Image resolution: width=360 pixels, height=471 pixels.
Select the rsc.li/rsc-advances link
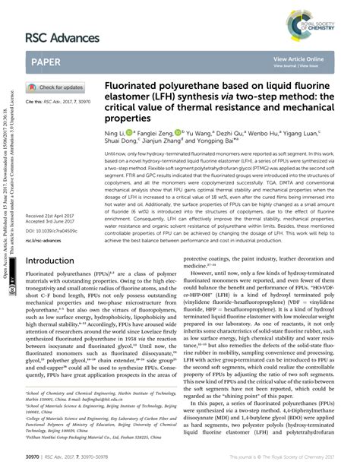pyautogui.click(x=44, y=219)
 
